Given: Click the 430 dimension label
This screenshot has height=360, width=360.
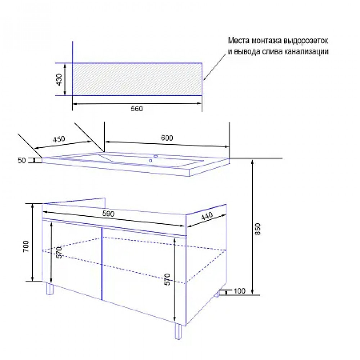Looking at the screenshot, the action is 59,80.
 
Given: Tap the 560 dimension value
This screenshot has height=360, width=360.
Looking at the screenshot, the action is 137,109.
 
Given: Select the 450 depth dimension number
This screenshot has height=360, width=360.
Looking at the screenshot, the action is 59,139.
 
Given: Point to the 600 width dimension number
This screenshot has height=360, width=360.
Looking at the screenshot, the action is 167,138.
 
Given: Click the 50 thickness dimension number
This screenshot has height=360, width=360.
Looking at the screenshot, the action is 22,160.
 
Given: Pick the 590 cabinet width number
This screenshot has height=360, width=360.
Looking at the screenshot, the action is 108,214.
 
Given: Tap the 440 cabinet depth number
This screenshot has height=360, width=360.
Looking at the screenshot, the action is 207,216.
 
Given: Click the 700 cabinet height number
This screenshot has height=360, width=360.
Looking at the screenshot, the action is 26,246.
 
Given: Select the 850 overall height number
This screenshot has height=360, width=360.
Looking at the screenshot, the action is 258,229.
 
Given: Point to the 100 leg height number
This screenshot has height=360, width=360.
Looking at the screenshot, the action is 240,291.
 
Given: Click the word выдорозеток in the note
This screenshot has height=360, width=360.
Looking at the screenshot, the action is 306,41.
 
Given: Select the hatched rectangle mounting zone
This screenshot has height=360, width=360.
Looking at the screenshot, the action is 137,79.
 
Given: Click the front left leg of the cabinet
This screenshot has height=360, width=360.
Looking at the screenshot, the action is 50,289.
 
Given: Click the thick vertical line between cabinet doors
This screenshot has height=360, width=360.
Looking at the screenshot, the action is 101,264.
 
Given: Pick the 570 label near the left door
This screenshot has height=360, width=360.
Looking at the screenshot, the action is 59,252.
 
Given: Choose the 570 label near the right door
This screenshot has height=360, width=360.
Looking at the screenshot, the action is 167,279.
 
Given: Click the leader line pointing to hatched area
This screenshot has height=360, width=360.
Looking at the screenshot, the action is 215,67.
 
